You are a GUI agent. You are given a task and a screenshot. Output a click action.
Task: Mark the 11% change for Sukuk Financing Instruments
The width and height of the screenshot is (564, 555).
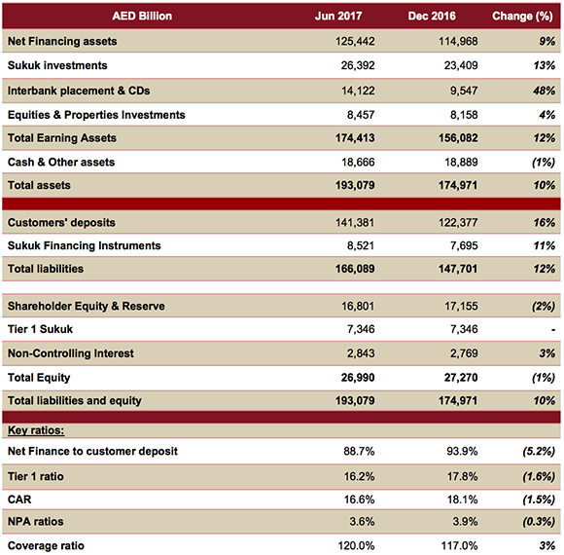[543, 246]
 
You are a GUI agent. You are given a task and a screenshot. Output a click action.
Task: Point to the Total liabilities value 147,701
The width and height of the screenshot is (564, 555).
[449, 269]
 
